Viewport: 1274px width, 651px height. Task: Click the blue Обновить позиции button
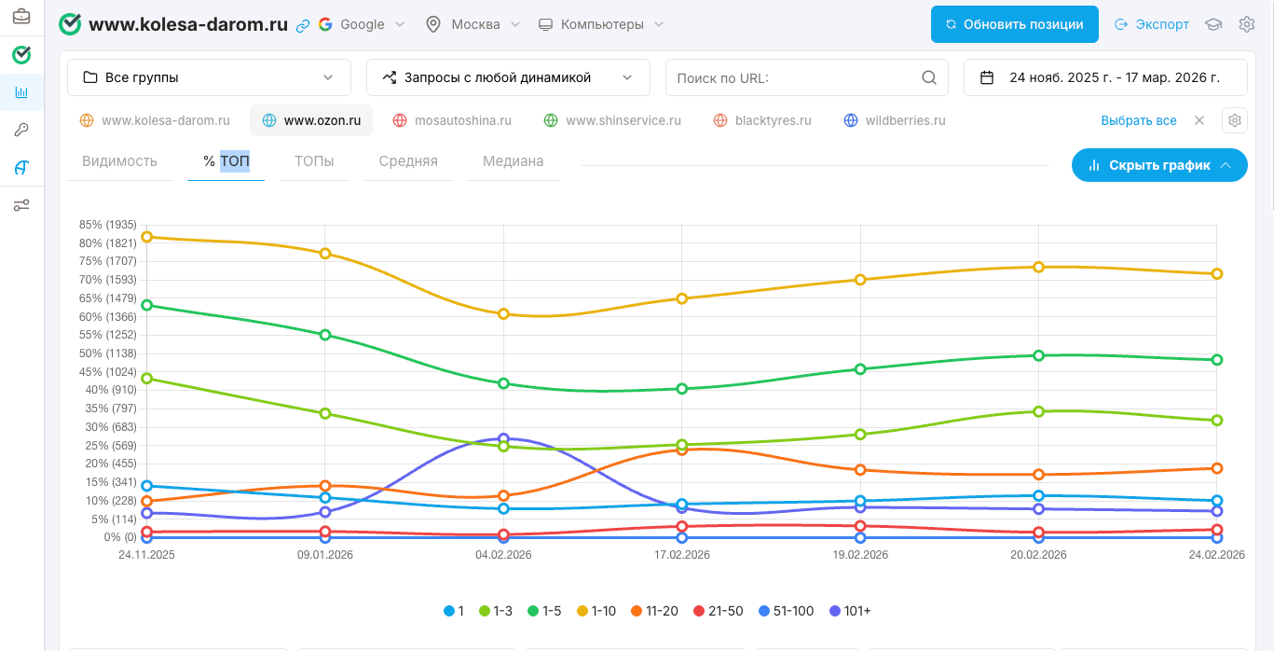tap(1014, 24)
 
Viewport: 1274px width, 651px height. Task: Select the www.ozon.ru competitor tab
tap(311, 120)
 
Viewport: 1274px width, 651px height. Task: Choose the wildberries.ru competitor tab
tap(895, 120)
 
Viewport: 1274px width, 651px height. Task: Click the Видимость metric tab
tap(119, 161)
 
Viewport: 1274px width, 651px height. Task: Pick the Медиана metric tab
tap(513, 161)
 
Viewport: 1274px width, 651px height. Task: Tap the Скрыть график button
tap(1159, 165)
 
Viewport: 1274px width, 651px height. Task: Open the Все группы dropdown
tap(209, 77)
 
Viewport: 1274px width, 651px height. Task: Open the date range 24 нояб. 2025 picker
tap(1104, 77)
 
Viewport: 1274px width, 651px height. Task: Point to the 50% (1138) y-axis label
tap(108, 353)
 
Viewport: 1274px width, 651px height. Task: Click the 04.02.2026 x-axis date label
tap(503, 554)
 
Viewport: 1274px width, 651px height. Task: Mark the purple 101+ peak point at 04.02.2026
tap(503, 438)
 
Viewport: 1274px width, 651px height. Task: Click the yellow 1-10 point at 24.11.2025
tap(146, 237)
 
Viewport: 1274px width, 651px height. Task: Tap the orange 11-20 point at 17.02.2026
tap(682, 450)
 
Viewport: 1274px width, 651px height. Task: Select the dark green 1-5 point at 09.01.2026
tap(325, 335)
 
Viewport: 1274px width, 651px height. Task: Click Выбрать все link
tap(1138, 120)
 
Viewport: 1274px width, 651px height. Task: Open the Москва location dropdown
tap(473, 24)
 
